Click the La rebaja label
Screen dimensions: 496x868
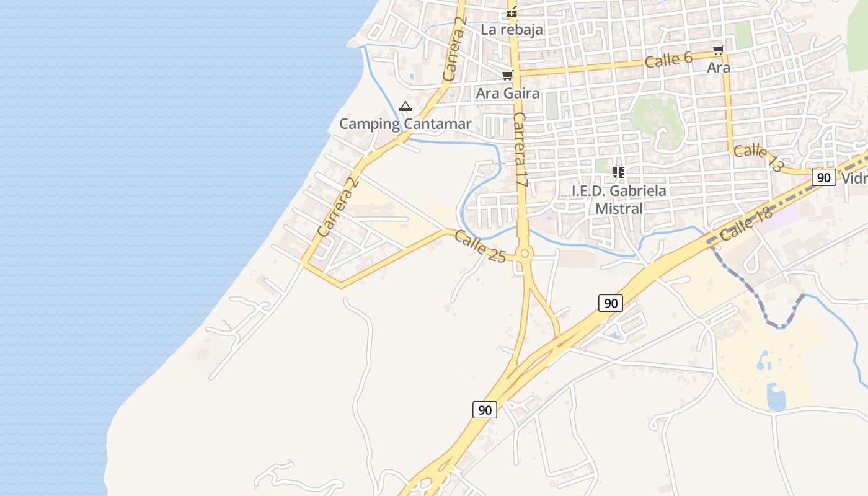[x=511, y=29]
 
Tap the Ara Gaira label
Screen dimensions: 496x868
[x=507, y=94]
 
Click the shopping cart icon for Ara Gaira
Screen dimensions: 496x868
[x=507, y=76]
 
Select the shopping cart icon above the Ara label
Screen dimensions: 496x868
[x=718, y=50]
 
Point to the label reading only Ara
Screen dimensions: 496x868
[x=719, y=68]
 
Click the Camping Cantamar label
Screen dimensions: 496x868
[x=405, y=124]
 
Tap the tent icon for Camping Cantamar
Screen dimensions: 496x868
[x=405, y=107]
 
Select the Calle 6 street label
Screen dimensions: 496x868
[x=668, y=60]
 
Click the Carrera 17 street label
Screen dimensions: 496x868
[x=520, y=151]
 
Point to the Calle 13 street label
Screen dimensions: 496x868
[x=758, y=158]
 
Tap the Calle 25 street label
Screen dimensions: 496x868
[x=479, y=246]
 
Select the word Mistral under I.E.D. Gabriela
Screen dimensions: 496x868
[x=618, y=209]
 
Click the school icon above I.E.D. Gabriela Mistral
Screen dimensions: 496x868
[x=618, y=172]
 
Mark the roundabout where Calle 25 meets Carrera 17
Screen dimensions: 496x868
[x=525, y=253]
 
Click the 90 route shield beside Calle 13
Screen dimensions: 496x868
[x=823, y=177]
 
